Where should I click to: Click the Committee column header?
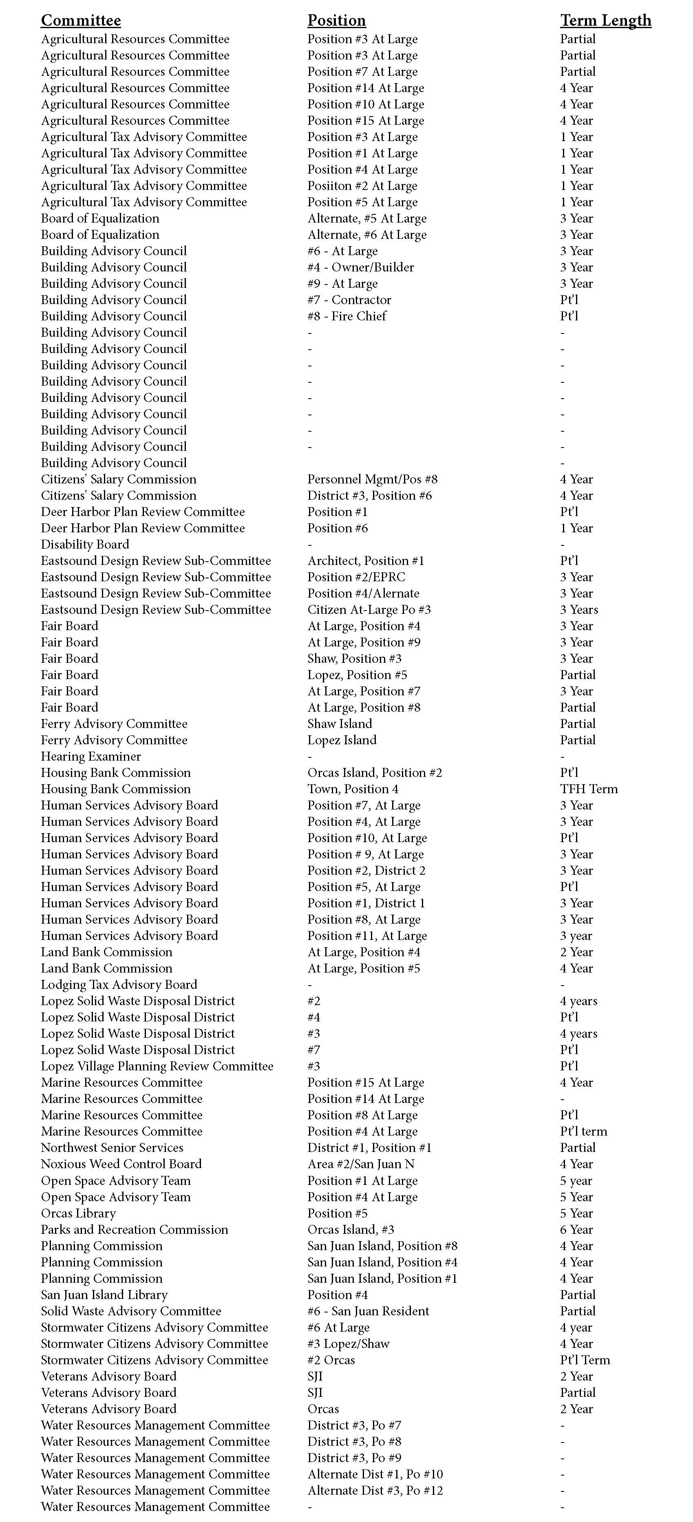point(81,21)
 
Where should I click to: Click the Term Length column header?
point(606,21)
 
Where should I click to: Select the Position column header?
point(336,21)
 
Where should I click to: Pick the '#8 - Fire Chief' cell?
point(347,316)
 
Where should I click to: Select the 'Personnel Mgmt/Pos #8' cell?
point(372,479)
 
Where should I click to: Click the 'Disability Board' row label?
point(84,544)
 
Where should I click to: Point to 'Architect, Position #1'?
point(366,561)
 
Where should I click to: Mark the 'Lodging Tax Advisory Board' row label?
point(119,984)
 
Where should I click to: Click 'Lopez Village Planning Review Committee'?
point(157,1066)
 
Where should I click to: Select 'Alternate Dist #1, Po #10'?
point(375,1474)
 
